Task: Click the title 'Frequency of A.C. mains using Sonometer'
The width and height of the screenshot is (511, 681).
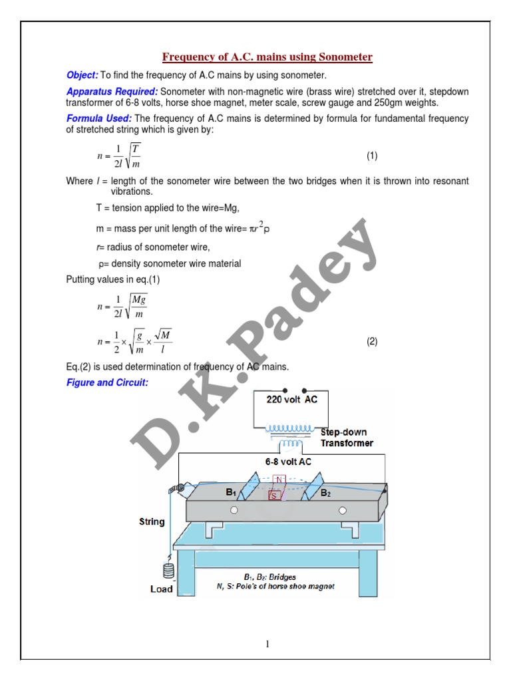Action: point(267,57)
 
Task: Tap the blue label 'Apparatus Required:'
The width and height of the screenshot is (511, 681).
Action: point(112,91)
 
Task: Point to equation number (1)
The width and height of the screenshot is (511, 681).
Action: point(372,156)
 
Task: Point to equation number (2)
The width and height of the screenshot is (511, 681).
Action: point(372,342)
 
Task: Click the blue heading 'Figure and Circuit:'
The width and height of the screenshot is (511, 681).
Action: point(106,383)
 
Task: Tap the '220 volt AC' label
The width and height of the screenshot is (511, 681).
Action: point(293,400)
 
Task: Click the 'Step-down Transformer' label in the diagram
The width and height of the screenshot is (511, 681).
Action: point(346,438)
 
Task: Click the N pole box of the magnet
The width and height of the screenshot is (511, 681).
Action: point(279,479)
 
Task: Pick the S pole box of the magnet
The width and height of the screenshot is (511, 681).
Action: point(274,494)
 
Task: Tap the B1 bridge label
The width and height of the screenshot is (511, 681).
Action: point(231,493)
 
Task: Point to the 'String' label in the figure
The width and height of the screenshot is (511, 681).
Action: point(152,521)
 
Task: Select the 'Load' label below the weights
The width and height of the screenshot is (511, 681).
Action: point(162,589)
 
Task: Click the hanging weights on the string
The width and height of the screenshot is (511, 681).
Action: point(168,571)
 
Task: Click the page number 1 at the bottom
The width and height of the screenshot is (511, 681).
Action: point(266,643)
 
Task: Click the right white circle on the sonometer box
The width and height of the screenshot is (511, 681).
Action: point(343,510)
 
